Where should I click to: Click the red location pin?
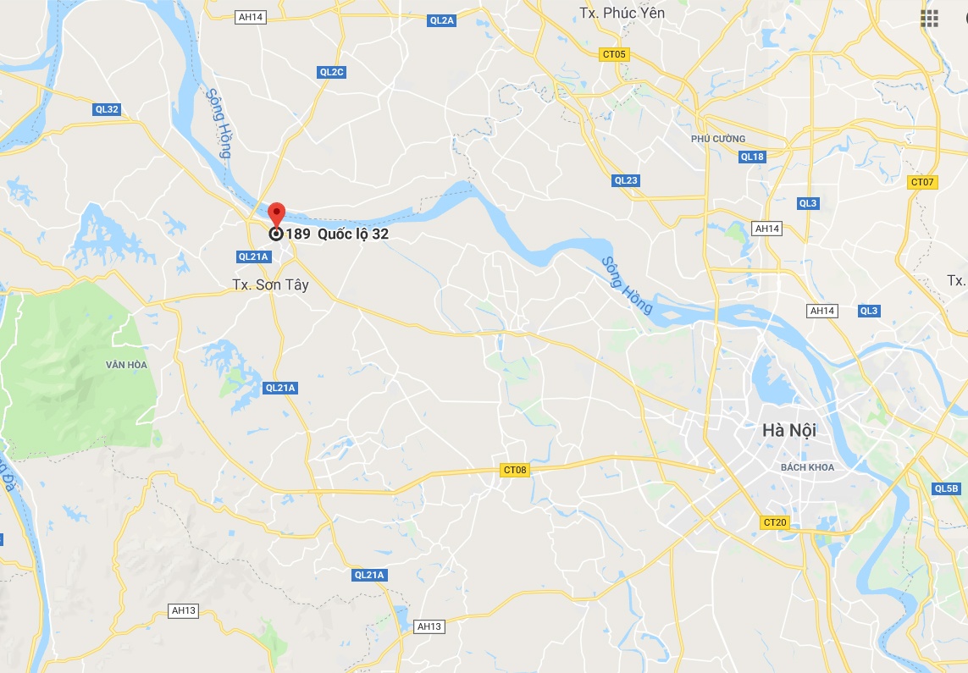[x=276, y=213]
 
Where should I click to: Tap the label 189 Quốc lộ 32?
[x=337, y=234]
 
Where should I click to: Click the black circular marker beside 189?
[x=276, y=234]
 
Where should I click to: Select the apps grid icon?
[x=929, y=19]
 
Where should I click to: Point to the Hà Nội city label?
[x=788, y=430]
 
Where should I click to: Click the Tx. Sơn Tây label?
[x=270, y=285]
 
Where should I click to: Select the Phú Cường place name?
[x=718, y=139]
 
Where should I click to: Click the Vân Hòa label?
[x=126, y=365]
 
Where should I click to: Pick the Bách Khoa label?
[x=807, y=467]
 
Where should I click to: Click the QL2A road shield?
[x=441, y=19]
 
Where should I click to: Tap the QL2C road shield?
[x=332, y=72]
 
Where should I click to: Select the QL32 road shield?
[x=108, y=109]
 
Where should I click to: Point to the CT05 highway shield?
[x=613, y=55]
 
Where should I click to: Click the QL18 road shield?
[x=752, y=157]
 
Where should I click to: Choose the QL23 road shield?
[x=626, y=180]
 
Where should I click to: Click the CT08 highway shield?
[x=515, y=470]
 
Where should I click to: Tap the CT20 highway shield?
[x=775, y=522]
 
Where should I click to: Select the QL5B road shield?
[x=946, y=488]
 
